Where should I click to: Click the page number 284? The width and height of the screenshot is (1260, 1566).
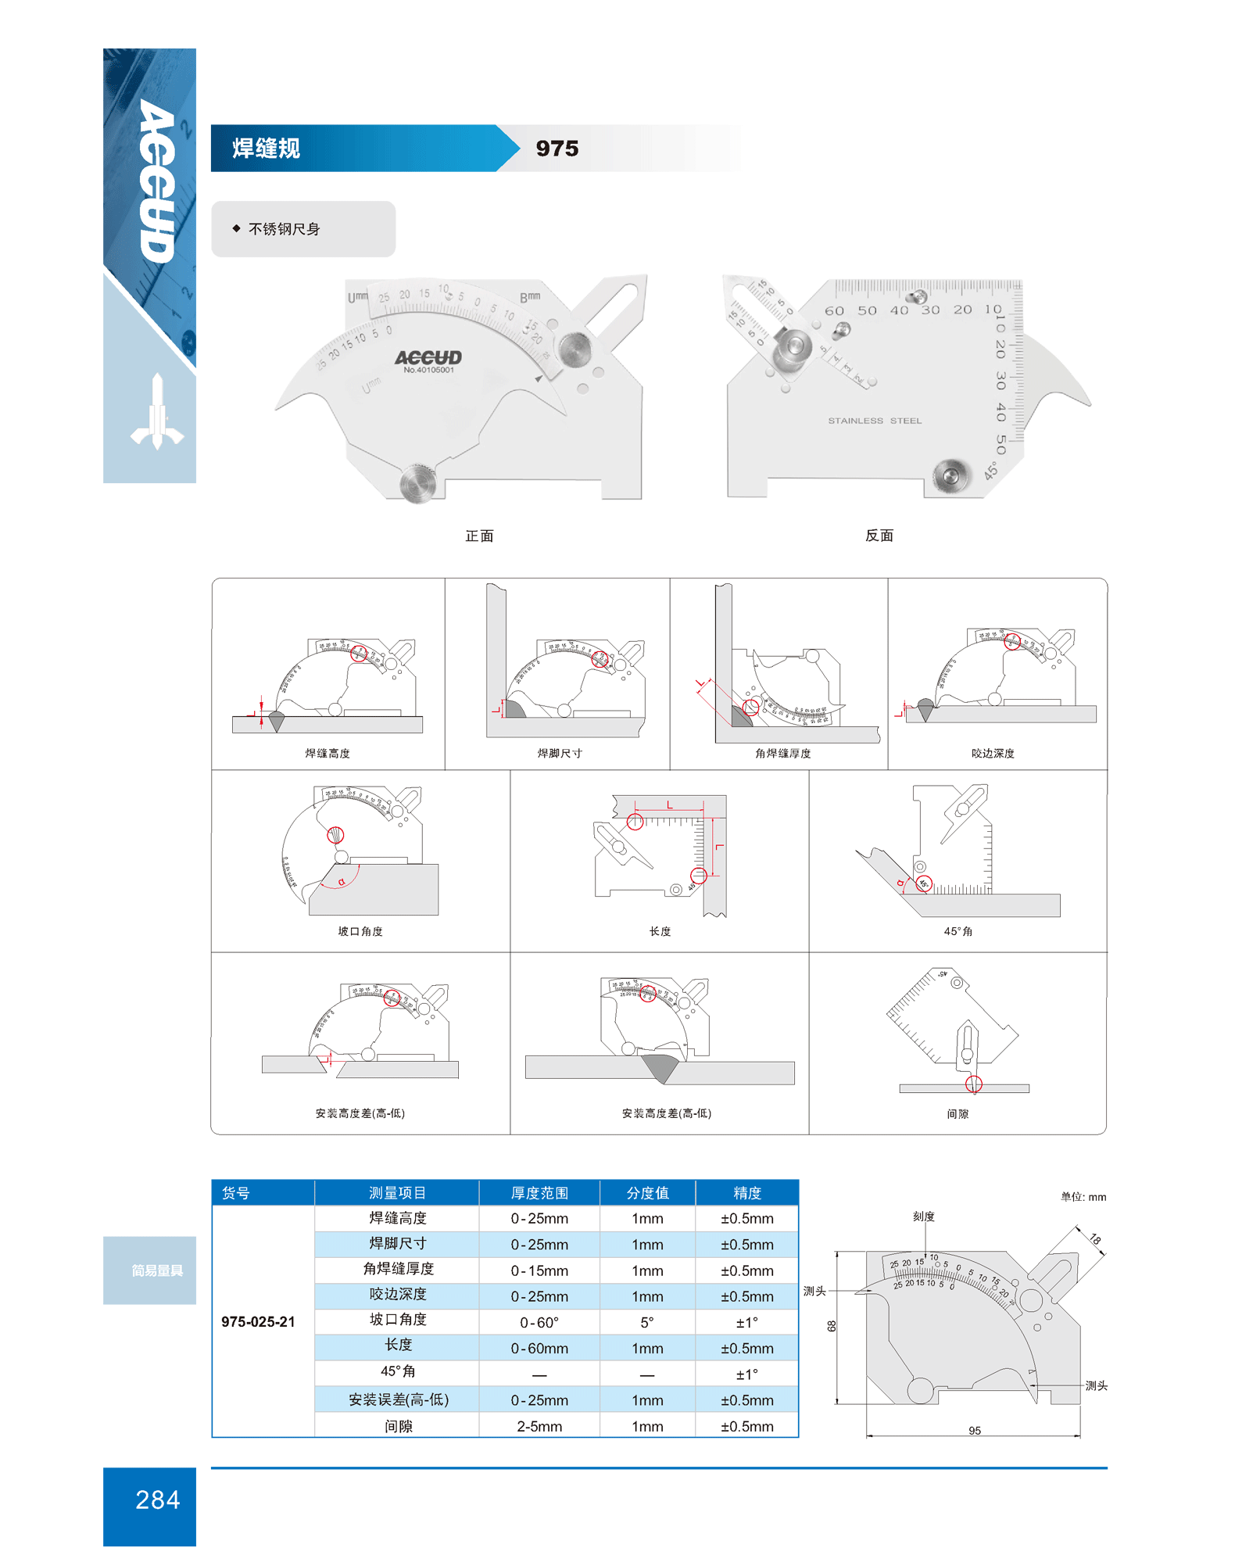(157, 1500)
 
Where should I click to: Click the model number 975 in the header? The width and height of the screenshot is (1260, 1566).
(557, 149)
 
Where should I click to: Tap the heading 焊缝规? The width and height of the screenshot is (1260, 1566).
(266, 149)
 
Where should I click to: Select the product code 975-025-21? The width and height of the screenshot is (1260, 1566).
(258, 1322)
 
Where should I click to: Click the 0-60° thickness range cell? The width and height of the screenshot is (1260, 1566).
(539, 1323)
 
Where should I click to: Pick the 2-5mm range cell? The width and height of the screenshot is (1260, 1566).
(539, 1427)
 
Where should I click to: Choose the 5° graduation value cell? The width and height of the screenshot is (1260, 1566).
(647, 1323)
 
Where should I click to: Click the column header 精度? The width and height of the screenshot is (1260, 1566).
(746, 1193)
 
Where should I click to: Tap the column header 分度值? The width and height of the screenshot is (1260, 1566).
(647, 1193)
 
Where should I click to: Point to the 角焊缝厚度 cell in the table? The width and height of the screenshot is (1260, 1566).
(398, 1269)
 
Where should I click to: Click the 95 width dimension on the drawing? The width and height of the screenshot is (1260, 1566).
(974, 1431)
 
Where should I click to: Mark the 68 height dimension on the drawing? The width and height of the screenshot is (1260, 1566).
(832, 1326)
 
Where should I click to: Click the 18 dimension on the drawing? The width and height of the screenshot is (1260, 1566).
(1095, 1239)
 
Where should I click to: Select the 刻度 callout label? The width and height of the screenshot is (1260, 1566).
(923, 1217)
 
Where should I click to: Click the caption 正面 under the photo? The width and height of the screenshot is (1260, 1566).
(479, 536)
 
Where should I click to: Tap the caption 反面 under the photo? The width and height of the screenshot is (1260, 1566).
(879, 536)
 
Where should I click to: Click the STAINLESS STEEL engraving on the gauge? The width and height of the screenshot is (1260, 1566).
(875, 421)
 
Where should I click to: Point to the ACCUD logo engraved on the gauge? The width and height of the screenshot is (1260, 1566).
(428, 357)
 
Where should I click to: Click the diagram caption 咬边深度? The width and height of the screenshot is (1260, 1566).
(993, 754)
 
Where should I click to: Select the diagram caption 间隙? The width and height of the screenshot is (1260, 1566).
(958, 1114)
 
